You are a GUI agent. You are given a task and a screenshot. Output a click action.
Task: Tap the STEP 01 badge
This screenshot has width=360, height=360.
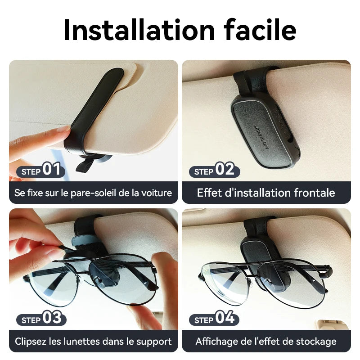[40, 171]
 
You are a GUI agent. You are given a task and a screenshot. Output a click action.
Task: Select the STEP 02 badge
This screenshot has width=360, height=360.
[214, 171]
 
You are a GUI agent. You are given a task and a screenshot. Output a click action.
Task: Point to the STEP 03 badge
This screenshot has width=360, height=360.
[41, 319]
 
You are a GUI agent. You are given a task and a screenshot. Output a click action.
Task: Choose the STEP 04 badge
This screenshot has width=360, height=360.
[214, 319]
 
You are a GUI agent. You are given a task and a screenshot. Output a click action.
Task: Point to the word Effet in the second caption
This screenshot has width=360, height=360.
[208, 193]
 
